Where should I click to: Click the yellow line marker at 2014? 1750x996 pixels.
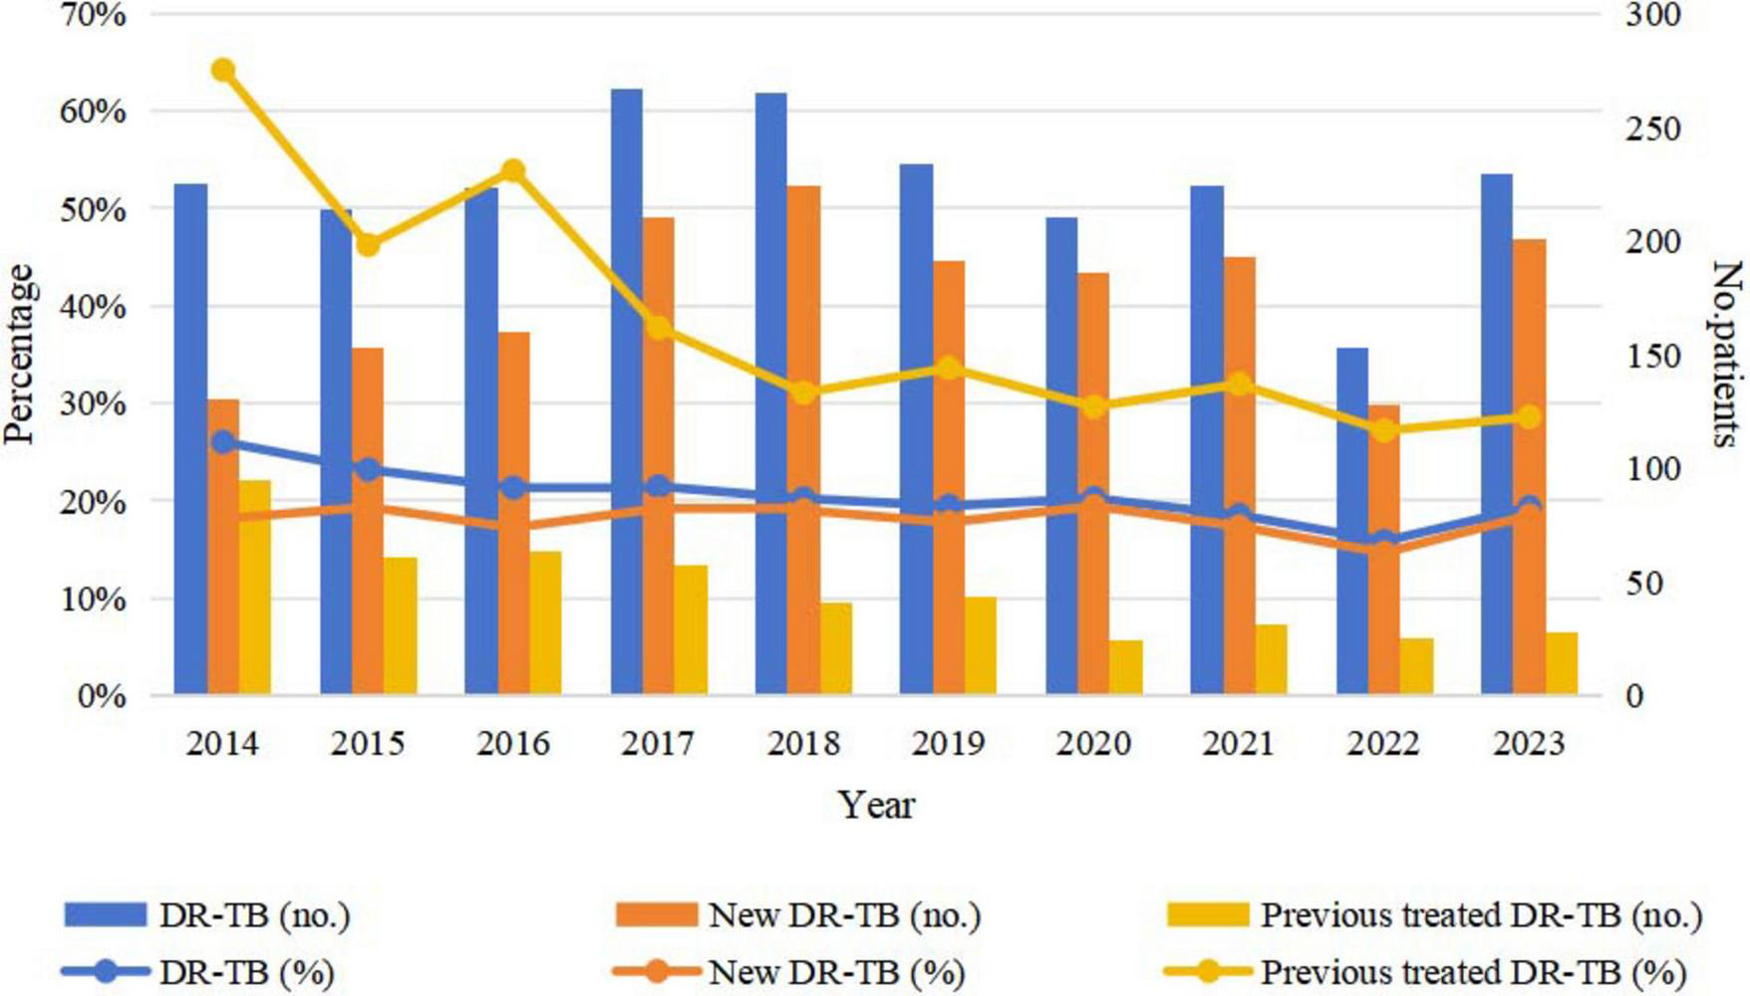(x=223, y=71)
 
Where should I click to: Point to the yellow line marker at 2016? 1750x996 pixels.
(x=513, y=171)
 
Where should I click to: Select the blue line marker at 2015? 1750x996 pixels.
(x=368, y=470)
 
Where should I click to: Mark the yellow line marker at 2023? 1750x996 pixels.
(x=1529, y=417)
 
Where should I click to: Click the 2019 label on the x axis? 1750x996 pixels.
(x=948, y=744)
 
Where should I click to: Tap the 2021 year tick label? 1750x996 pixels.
(x=1238, y=744)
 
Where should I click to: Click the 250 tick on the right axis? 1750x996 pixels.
(x=1652, y=129)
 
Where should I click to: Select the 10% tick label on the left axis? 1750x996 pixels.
(x=101, y=600)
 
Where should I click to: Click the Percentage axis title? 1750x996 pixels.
(x=20, y=354)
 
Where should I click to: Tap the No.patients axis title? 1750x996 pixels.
(x=1726, y=354)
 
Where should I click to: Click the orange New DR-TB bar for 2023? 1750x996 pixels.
(x=1529, y=468)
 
